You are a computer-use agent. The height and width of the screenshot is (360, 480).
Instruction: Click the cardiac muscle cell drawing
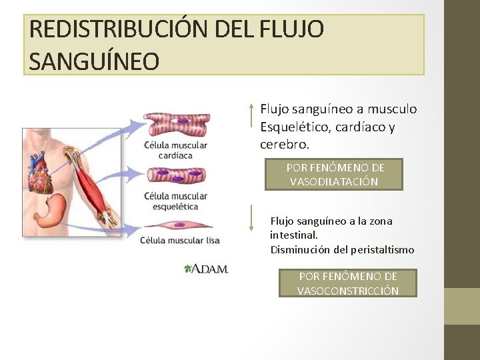coord(177,124)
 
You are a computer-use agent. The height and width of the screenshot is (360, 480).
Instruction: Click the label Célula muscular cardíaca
coord(175,151)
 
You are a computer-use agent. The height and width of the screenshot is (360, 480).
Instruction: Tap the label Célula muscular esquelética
coord(175,201)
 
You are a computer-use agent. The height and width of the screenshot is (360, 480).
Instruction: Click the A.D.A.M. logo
coord(206,269)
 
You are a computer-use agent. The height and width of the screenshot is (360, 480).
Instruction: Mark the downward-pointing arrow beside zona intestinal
coord(251,218)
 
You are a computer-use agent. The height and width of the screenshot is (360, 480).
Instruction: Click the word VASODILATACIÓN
coord(334,181)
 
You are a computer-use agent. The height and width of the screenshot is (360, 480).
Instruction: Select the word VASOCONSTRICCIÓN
coord(348,291)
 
